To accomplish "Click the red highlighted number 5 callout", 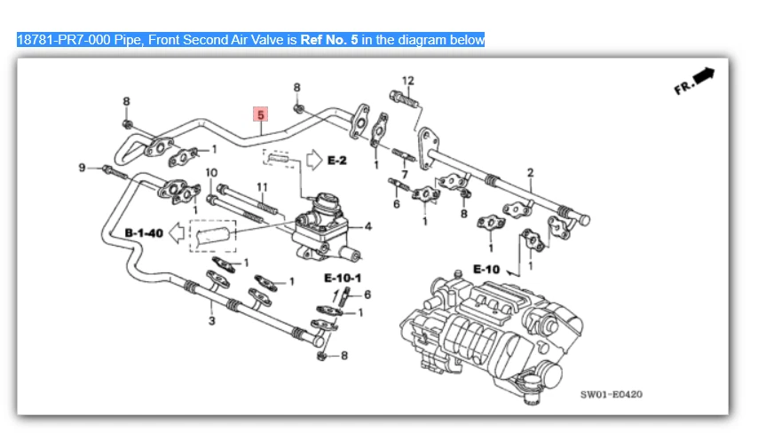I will click(261, 114).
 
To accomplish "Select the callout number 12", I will click(407, 82).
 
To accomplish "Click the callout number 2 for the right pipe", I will click(530, 172).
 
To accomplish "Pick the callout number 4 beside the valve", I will click(367, 226).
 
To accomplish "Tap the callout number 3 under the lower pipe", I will click(211, 320).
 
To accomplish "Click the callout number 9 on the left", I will click(82, 167).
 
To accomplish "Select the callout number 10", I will click(211, 172).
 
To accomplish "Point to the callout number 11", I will click(262, 186).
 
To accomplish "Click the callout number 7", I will click(405, 174).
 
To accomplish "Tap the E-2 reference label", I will click(337, 160).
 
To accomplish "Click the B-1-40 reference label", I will click(143, 232).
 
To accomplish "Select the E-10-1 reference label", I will click(343, 278).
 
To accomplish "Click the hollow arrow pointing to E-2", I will click(312, 160).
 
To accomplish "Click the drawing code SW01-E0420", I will click(612, 394).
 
